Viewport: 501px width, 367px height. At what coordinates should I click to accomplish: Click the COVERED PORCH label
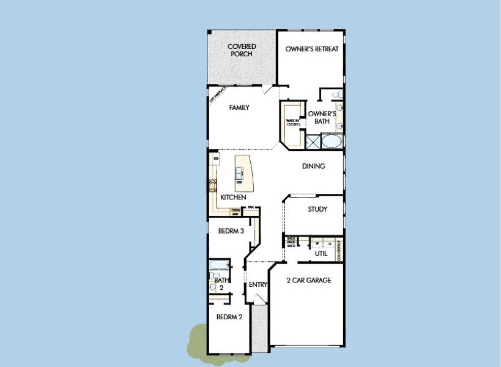(x=242, y=50)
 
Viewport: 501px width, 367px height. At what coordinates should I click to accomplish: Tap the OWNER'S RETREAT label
(x=311, y=50)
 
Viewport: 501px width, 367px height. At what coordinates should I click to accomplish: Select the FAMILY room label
(x=239, y=108)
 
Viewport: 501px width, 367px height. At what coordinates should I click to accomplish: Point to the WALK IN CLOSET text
(x=292, y=122)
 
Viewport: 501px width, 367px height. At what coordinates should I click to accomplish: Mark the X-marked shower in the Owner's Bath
(x=312, y=142)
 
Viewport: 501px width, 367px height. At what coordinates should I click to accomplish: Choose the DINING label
(x=313, y=166)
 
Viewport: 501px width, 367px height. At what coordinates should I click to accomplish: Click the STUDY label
(x=317, y=209)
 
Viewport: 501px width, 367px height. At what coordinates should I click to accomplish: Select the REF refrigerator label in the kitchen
(x=216, y=158)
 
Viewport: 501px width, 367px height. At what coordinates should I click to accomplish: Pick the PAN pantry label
(x=250, y=207)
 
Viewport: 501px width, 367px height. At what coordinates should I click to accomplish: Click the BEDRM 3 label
(x=231, y=231)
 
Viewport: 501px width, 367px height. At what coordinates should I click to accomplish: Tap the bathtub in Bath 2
(x=219, y=265)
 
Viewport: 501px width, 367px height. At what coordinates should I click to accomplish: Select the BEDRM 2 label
(x=229, y=317)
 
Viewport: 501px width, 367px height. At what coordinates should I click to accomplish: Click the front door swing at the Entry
(x=259, y=299)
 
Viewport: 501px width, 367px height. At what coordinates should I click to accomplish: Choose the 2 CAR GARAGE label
(x=309, y=280)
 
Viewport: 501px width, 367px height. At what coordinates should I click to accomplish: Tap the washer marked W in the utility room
(x=317, y=243)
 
